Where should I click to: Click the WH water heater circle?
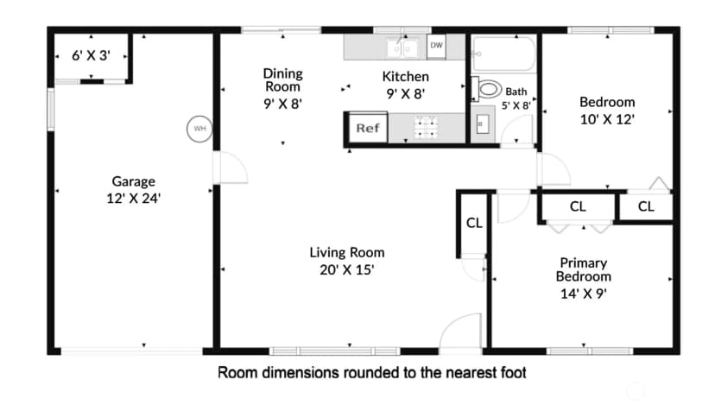(199, 129)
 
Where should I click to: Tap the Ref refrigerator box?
(368, 128)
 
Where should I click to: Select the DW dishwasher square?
(436, 46)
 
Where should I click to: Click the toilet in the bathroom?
(486, 88)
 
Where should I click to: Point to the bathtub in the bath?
(503, 54)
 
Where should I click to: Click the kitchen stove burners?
(426, 127)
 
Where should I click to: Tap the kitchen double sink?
(402, 47)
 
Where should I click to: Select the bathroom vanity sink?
(483, 124)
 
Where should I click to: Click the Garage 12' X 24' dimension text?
(134, 199)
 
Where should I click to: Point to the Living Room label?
(347, 252)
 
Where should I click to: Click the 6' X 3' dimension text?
(92, 55)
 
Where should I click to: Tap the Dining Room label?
(282, 79)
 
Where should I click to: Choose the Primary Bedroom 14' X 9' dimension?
(584, 294)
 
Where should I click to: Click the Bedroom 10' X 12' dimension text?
(607, 119)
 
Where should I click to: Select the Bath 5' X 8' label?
(516, 98)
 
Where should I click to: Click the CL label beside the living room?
(474, 223)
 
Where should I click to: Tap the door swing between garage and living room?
(233, 168)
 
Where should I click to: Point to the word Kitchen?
(405, 77)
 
